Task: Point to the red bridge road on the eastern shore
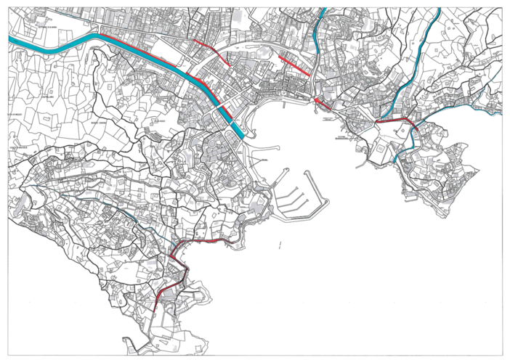[393, 121]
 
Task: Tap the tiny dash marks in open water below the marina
[280, 245]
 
